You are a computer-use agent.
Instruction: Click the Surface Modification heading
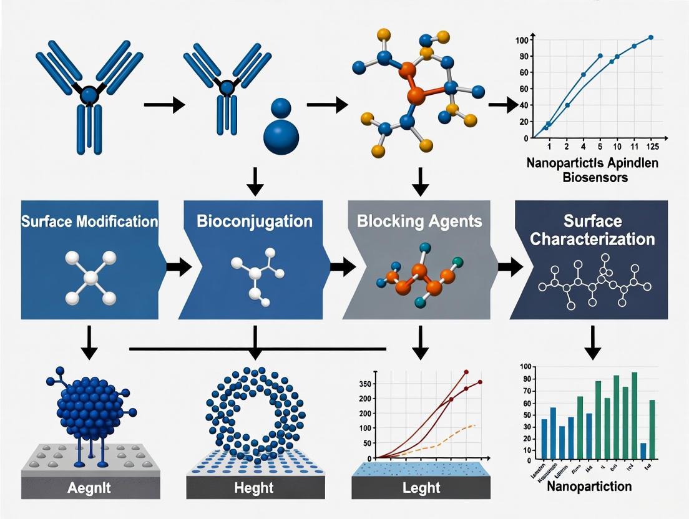[89, 221]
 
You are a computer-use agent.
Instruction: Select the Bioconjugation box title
[254, 221]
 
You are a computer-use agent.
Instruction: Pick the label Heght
[255, 488]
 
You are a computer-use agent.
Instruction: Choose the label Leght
[421, 488]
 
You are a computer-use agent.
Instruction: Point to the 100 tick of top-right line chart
[522, 41]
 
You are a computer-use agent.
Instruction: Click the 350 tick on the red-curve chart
[363, 383]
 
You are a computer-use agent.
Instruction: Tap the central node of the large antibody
[89, 95]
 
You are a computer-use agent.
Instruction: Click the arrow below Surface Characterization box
[591, 342]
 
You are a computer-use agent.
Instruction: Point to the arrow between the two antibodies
[164, 105]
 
